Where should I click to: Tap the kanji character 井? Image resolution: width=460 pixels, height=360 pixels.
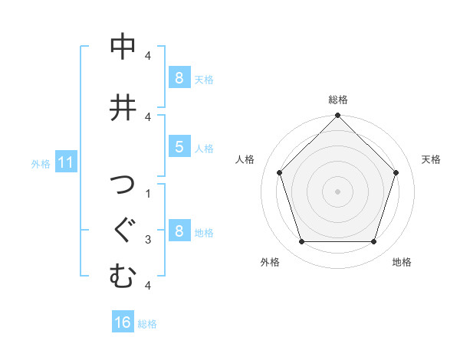tap(123, 106)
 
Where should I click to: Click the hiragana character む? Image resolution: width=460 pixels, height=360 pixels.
tap(123, 276)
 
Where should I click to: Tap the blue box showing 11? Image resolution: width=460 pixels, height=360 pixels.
tap(65, 162)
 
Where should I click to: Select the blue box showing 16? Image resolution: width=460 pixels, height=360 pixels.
tap(123, 322)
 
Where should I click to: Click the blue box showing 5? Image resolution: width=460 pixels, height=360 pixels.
tap(179, 146)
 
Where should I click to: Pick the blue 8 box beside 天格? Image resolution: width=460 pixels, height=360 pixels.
tap(179, 77)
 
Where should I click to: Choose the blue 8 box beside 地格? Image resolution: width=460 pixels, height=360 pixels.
tap(179, 231)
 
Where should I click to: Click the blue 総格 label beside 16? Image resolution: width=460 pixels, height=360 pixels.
tap(147, 324)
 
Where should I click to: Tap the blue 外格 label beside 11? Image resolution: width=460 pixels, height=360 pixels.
tap(41, 163)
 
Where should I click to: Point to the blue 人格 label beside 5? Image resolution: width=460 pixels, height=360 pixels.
tap(204, 148)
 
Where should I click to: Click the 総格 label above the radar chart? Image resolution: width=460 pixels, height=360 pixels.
tap(337, 100)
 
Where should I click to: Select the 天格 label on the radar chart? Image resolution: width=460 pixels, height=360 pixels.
tap(431, 159)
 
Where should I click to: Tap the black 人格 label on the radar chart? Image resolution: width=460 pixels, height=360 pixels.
tap(245, 159)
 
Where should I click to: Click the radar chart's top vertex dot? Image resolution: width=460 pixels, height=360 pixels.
tap(337, 116)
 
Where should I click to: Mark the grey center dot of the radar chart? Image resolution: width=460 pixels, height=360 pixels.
tap(337, 191)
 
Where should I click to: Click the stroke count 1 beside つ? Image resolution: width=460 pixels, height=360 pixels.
tap(147, 192)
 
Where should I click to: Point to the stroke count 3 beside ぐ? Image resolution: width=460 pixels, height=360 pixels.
tap(147, 240)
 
